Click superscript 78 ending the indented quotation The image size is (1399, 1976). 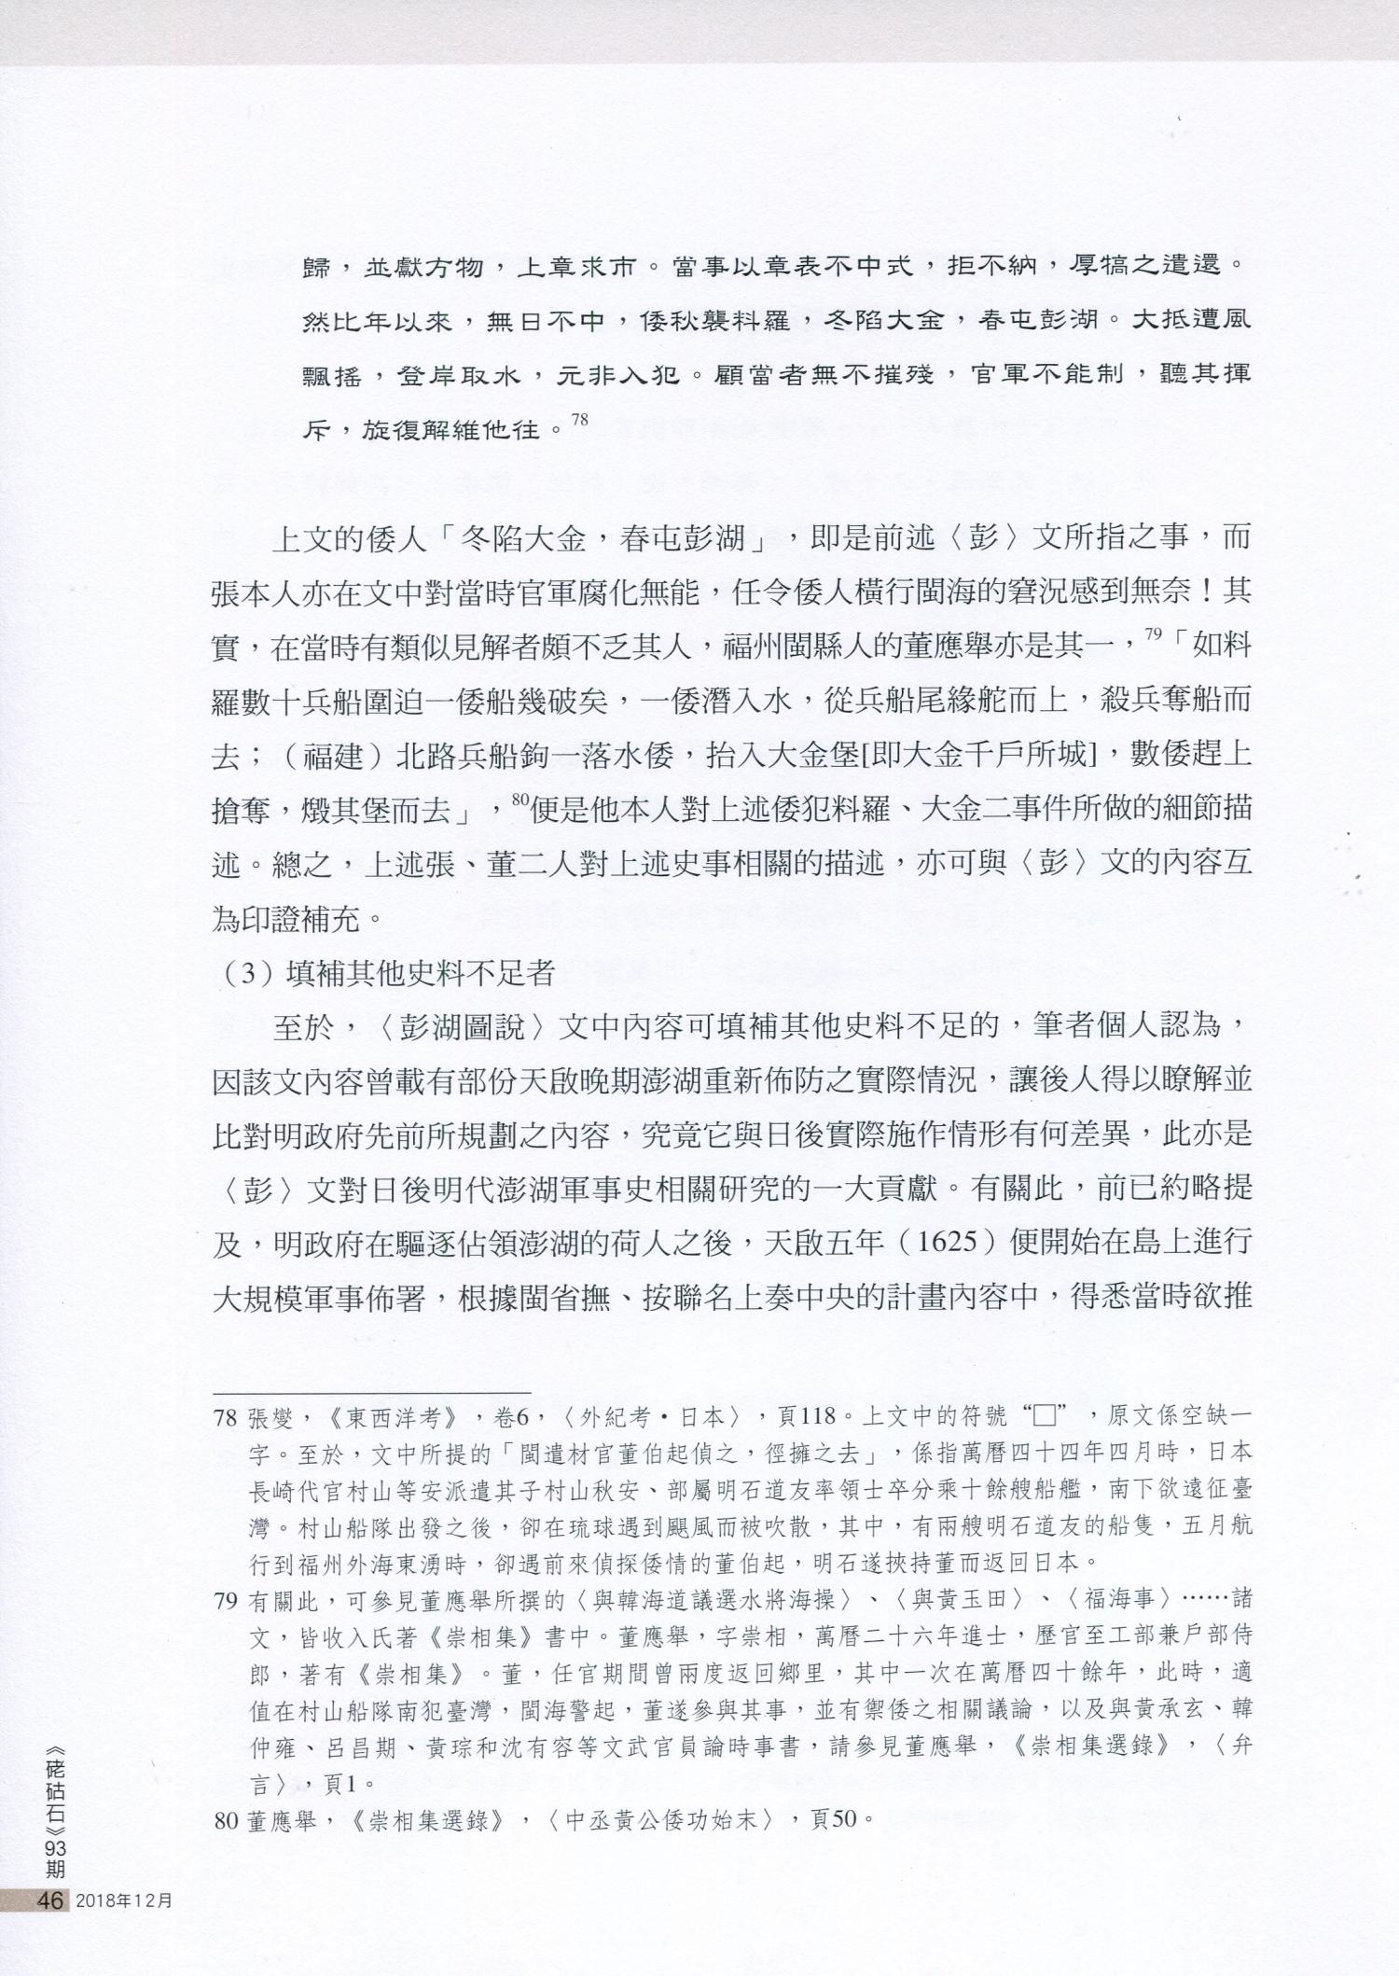coord(579,421)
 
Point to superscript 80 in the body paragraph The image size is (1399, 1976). coord(519,800)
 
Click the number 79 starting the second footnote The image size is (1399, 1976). coord(226,1601)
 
